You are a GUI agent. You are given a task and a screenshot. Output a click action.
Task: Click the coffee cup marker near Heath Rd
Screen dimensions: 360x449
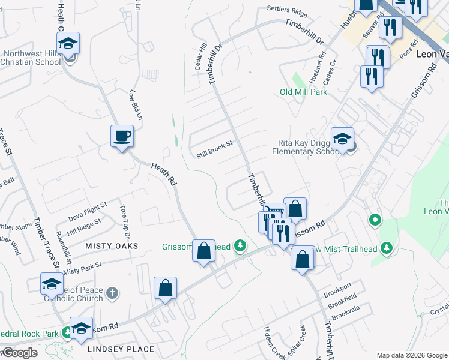point(122,137)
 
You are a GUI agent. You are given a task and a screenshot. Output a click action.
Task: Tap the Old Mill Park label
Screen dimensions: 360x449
point(303,92)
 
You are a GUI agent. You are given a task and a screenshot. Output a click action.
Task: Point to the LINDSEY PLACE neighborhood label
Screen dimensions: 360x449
point(121,349)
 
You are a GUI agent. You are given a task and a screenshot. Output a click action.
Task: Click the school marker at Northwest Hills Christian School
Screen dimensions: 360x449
point(68,44)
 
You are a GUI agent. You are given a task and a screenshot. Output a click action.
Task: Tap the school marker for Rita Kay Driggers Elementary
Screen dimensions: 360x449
point(342,139)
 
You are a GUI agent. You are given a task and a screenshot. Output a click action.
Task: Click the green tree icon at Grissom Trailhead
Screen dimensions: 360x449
point(240,245)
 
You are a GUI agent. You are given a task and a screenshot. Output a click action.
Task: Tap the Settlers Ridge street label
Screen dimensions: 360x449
point(287,13)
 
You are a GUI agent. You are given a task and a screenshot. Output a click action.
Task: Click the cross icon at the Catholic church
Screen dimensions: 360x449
point(111,293)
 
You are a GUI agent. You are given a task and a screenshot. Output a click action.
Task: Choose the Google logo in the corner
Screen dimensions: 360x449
point(19,353)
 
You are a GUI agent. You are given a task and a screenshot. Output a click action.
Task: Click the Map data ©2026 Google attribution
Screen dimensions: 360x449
point(412,355)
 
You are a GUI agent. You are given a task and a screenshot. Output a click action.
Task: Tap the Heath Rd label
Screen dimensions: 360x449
point(163,174)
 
